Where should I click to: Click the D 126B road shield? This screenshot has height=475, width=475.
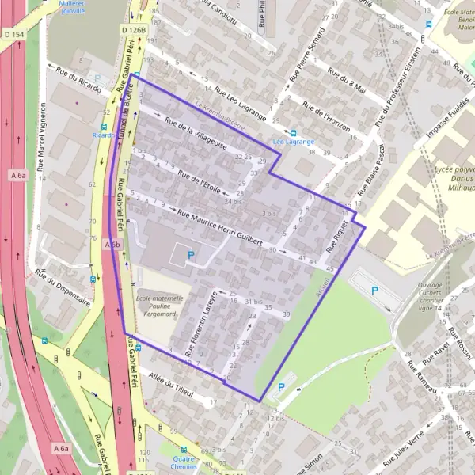coord(134,29)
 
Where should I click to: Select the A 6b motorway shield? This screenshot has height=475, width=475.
coord(111,246)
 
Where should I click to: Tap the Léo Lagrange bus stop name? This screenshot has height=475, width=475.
coord(294,142)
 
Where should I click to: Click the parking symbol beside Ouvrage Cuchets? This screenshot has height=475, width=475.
coord(375,291)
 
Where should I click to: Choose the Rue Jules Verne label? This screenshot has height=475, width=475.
coord(402,448)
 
